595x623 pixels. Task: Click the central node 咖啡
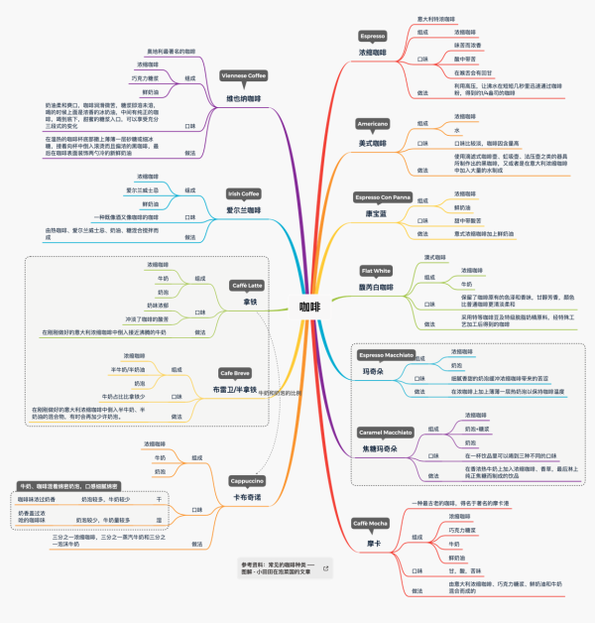click(x=309, y=307)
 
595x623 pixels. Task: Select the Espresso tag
click(x=372, y=36)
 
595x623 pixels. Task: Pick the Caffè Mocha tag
click(x=369, y=523)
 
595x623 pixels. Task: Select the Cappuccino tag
click(x=246, y=480)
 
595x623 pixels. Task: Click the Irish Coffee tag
click(x=243, y=194)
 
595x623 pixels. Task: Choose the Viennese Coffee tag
click(x=244, y=75)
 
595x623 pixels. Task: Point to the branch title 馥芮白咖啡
click(x=378, y=287)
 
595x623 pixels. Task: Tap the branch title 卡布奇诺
click(x=247, y=496)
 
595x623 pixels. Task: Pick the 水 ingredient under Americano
click(x=457, y=130)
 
